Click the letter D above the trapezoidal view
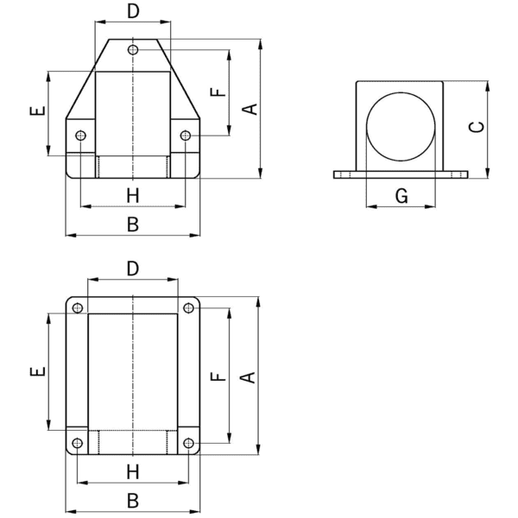pyautogui.click(x=132, y=11)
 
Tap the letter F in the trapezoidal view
pyautogui.click(x=217, y=92)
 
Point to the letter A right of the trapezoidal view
pyautogui.click(x=250, y=108)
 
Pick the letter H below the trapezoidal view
pyautogui.click(x=132, y=196)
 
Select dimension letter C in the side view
pyautogui.click(x=476, y=126)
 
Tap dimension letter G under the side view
pyautogui.click(x=401, y=196)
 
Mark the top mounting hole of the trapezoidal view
pyautogui.click(x=132, y=50)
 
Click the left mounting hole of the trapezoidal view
pyautogui.click(x=80, y=136)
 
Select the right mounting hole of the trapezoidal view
pyautogui.click(x=185, y=136)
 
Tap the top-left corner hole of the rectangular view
pyautogui.click(x=78, y=308)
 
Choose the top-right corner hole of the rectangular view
pyautogui.click(x=188, y=308)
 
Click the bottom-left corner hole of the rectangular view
pyautogui.click(x=78, y=444)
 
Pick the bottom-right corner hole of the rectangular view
pyautogui.click(x=188, y=444)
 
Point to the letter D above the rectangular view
pyautogui.click(x=132, y=268)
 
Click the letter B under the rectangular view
pyautogui.click(x=132, y=500)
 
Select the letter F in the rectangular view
pyautogui.click(x=217, y=376)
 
